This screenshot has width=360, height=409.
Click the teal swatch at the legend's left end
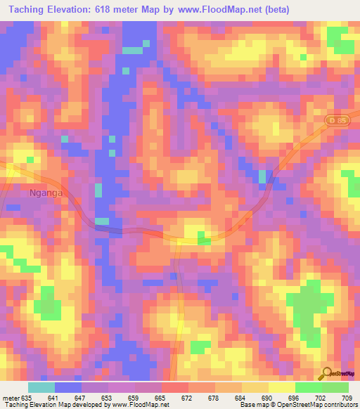click(41, 387)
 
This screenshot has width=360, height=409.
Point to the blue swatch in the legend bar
click(68, 387)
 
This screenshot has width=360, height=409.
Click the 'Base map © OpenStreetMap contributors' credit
click(297, 405)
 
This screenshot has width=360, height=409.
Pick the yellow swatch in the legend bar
click(281, 387)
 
